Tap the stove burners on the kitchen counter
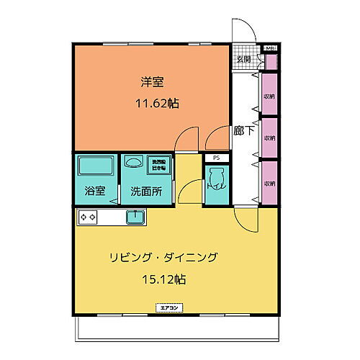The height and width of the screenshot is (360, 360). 89,216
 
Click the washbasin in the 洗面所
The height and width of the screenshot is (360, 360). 132,163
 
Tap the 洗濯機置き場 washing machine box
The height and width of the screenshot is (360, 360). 157,164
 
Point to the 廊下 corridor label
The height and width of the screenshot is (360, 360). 243,132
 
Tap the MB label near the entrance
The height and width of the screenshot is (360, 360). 271,48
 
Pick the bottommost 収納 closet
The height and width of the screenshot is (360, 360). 269,183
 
